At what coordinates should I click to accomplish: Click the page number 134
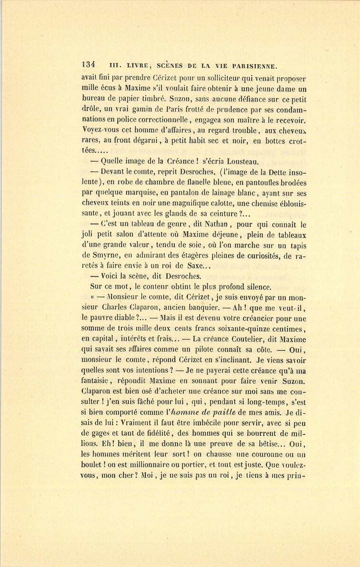click(x=88, y=65)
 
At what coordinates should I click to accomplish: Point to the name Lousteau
click(x=243, y=161)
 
